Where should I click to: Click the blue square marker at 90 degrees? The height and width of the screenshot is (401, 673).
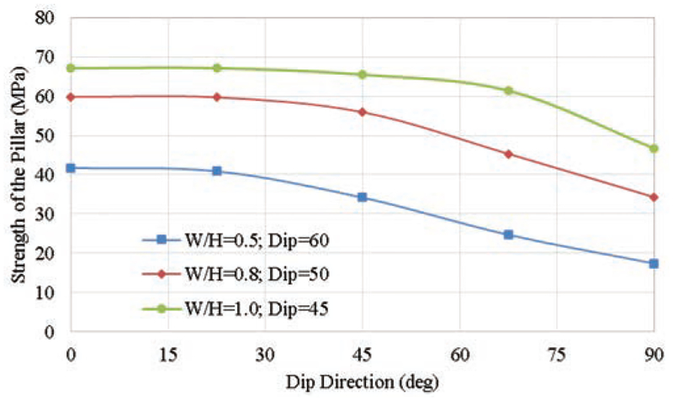(653, 263)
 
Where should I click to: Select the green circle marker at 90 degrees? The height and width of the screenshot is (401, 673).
(653, 148)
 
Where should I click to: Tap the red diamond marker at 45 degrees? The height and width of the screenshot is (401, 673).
(363, 112)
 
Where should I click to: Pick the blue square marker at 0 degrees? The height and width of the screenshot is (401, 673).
(72, 168)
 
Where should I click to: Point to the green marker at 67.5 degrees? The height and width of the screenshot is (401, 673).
(508, 90)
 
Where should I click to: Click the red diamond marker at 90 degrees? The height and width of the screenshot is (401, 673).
(653, 197)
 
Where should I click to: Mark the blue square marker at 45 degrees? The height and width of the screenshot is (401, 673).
(363, 197)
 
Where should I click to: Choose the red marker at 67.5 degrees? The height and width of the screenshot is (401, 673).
(508, 154)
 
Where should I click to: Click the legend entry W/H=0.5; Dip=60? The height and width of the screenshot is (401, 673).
(244, 239)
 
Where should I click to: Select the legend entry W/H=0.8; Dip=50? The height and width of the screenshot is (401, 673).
(244, 274)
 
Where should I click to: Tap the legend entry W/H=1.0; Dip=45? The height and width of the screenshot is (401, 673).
(244, 309)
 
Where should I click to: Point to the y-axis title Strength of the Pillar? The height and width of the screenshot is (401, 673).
(18, 174)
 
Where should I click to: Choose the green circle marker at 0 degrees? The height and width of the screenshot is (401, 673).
(72, 68)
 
